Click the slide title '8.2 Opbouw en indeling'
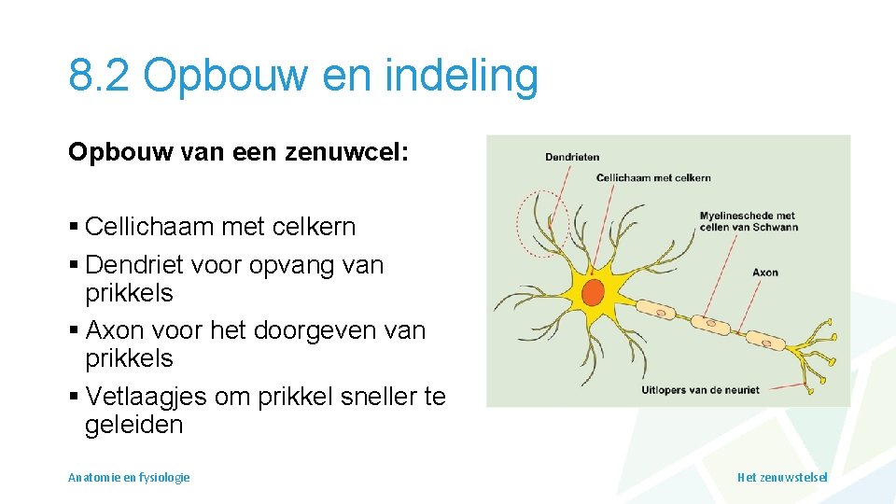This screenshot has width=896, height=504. [303, 76]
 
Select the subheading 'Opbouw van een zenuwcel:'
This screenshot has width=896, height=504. [238, 152]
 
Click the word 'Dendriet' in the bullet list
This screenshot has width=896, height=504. [128, 265]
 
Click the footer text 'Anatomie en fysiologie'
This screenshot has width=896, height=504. [129, 477]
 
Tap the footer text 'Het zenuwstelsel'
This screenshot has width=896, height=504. [782, 477]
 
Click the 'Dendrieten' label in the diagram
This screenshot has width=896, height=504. [572, 157]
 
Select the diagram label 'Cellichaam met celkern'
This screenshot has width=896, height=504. [653, 177]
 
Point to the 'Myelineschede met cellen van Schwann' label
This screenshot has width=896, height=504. [749, 221]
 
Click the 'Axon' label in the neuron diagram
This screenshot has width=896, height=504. [765, 273]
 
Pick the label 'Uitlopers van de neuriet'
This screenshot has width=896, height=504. [701, 389]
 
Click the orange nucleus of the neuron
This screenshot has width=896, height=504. [593, 292]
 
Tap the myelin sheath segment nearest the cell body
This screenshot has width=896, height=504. [658, 309]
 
